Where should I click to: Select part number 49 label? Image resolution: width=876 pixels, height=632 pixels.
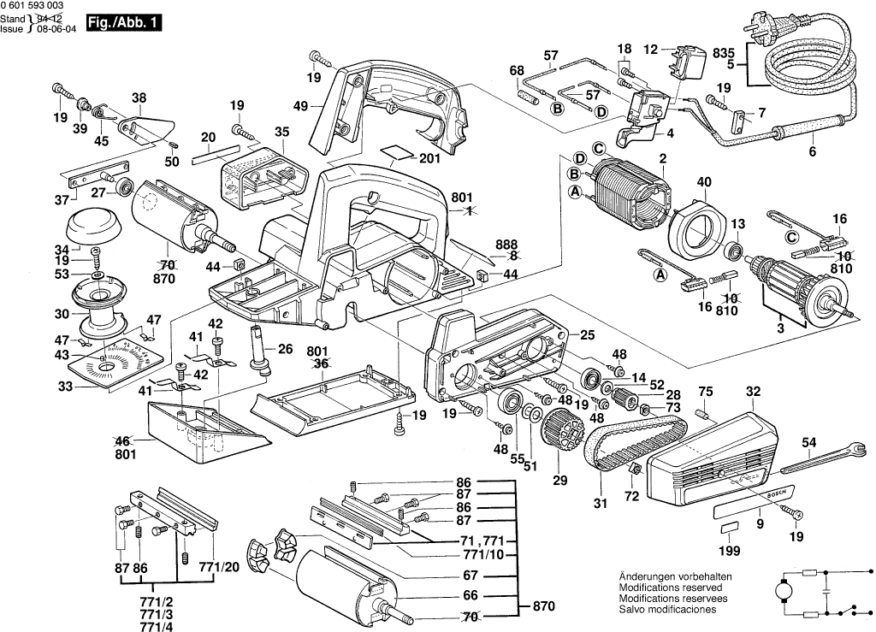click(x=300, y=106)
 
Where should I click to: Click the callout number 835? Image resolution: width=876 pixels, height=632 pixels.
click(x=724, y=52)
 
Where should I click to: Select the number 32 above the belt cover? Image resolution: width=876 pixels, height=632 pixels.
click(x=753, y=393)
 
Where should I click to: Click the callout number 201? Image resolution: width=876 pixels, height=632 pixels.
click(x=429, y=158)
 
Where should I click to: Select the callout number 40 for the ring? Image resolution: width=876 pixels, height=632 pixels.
click(x=704, y=182)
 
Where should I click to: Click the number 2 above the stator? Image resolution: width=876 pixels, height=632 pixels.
click(x=662, y=158)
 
